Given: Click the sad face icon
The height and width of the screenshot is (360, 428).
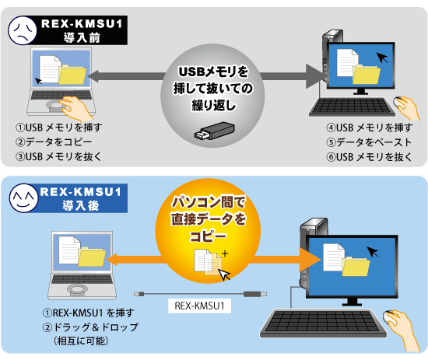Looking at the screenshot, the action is tap(23, 30).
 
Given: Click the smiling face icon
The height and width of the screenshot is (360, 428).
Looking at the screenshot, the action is tap(24, 198).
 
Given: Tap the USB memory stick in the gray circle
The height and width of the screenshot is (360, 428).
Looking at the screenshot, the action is tap(215, 131).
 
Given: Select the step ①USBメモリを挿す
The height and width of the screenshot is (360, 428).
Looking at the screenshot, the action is tap(58, 128).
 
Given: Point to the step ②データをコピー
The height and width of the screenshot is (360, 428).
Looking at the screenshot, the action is tap(54, 142).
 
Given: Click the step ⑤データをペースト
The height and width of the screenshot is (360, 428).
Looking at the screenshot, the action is tap(369, 142).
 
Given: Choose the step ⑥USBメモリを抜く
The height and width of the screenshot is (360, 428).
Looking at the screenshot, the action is tap(369, 157).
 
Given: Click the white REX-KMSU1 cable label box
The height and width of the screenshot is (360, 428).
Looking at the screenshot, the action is tap(199, 306).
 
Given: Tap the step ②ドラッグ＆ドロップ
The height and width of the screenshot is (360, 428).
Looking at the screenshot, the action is tap(90, 327).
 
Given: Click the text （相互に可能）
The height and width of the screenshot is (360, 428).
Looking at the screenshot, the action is tap(81, 341).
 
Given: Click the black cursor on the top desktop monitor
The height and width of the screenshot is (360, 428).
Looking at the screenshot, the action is tap(382, 58).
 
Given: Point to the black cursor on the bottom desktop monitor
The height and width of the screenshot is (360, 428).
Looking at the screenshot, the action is tap(373, 252).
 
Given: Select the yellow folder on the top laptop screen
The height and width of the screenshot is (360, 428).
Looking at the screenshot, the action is tap(72, 74).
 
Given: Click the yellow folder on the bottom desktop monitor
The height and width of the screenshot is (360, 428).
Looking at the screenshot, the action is tap(356, 266).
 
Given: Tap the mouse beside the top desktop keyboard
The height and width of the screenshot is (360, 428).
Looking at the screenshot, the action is tap(398, 103).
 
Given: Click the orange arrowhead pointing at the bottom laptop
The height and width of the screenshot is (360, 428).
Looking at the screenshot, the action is tap(112, 260).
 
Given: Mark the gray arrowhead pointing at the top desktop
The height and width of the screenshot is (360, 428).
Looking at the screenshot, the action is tap(315, 76).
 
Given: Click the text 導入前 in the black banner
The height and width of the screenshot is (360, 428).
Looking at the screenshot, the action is tap(82, 37).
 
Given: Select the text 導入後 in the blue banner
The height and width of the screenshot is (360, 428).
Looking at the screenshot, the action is tap(80, 205).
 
